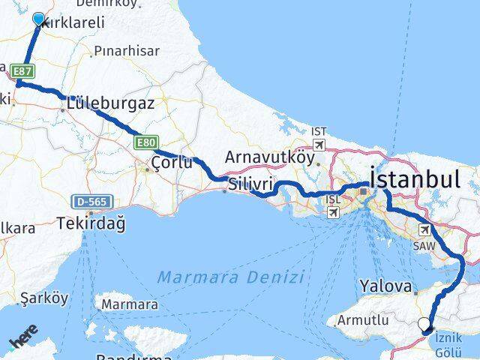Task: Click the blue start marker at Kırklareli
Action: click(x=38, y=18)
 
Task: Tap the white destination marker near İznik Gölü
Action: click(x=424, y=325)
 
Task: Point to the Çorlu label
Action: click(x=172, y=163)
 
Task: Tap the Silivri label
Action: click(x=252, y=184)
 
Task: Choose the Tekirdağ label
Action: click(x=89, y=223)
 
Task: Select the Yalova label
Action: click(x=386, y=286)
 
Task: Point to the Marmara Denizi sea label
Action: click(x=230, y=277)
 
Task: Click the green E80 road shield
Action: click(x=147, y=141)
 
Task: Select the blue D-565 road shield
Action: click(x=89, y=201)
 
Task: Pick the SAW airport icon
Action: click(x=424, y=229)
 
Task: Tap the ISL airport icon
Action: click(x=333, y=212)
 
